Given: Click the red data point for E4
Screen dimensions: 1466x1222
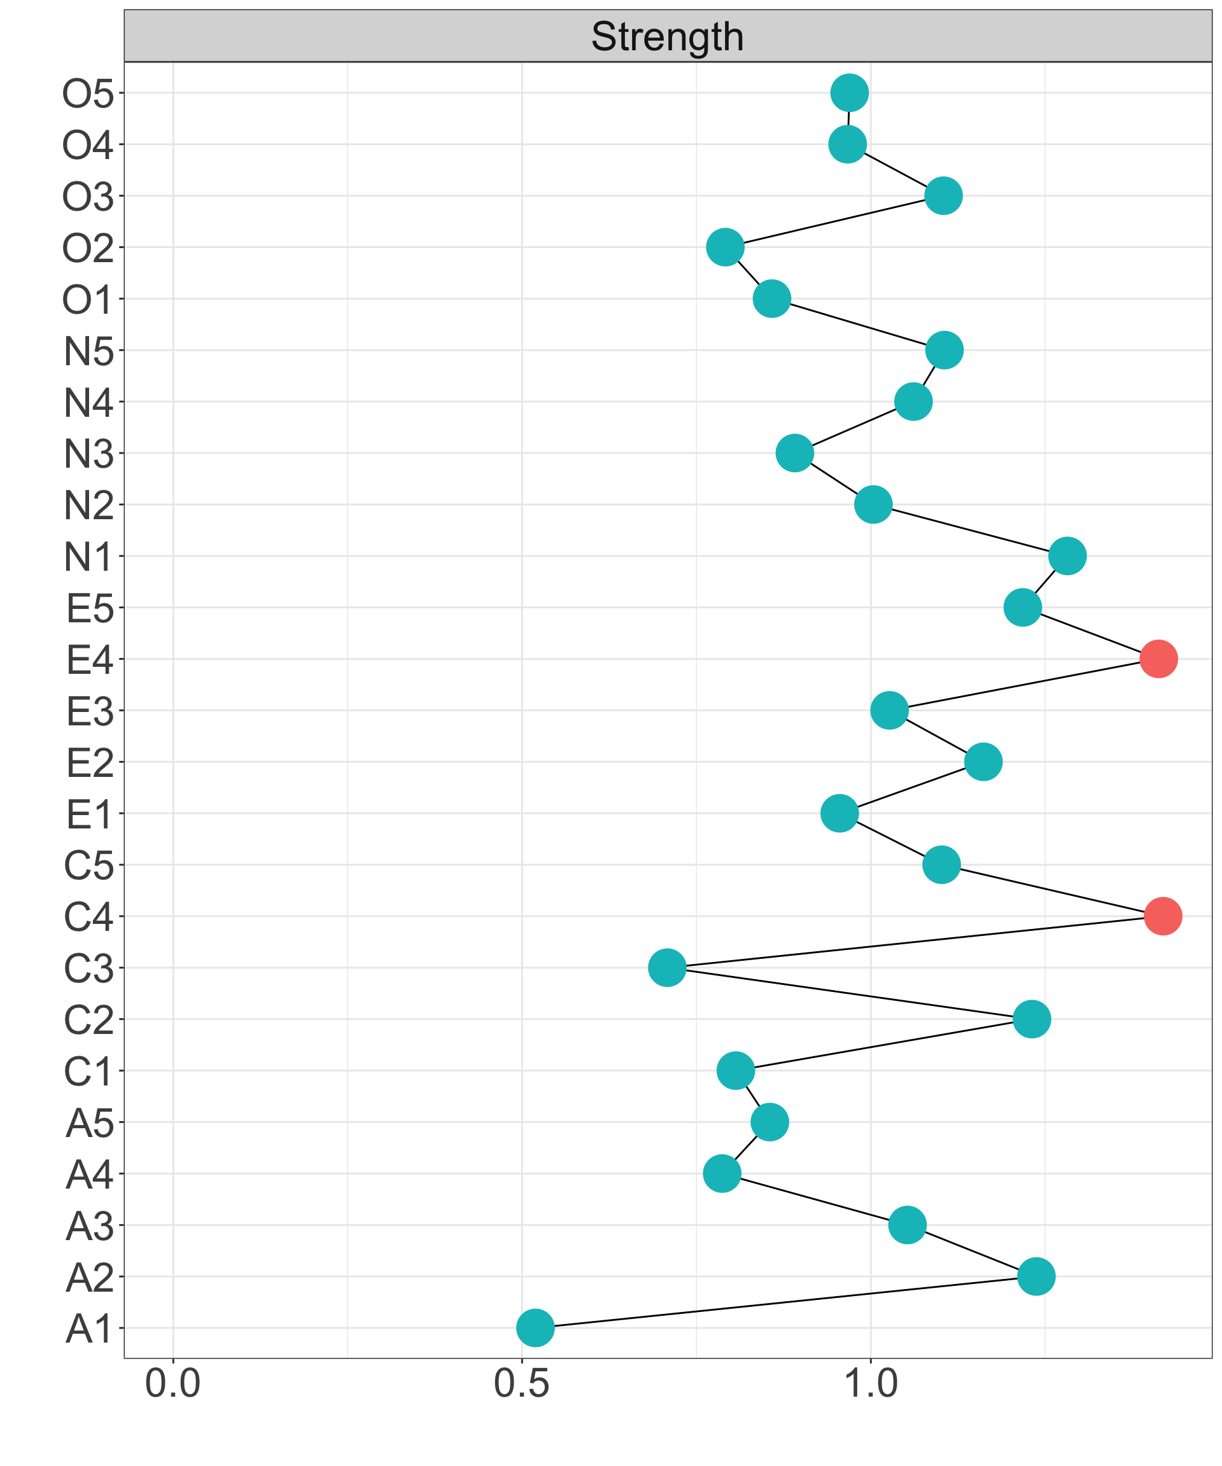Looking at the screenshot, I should [x=1158, y=659].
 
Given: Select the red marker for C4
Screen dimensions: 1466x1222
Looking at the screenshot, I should [x=1163, y=916].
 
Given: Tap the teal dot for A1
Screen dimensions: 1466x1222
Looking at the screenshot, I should [x=536, y=1328].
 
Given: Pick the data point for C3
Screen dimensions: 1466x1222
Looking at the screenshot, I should [x=667, y=968].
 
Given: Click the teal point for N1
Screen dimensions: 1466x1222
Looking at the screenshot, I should [x=1067, y=555].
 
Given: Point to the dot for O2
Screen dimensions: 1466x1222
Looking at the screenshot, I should [x=725, y=247].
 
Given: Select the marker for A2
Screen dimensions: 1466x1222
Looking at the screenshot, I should [x=1036, y=1276].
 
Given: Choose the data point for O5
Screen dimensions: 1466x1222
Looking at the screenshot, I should [x=850, y=92].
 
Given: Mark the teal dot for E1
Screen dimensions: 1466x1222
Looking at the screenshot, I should [x=839, y=813].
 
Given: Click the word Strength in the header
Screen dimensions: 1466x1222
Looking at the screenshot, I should [x=667, y=36].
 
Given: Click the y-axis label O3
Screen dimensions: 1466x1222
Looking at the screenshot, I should [x=88, y=197].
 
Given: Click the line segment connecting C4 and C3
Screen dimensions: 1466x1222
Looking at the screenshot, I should [x=915, y=942].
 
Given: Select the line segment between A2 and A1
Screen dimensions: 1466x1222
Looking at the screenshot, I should [x=785, y=1302].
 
